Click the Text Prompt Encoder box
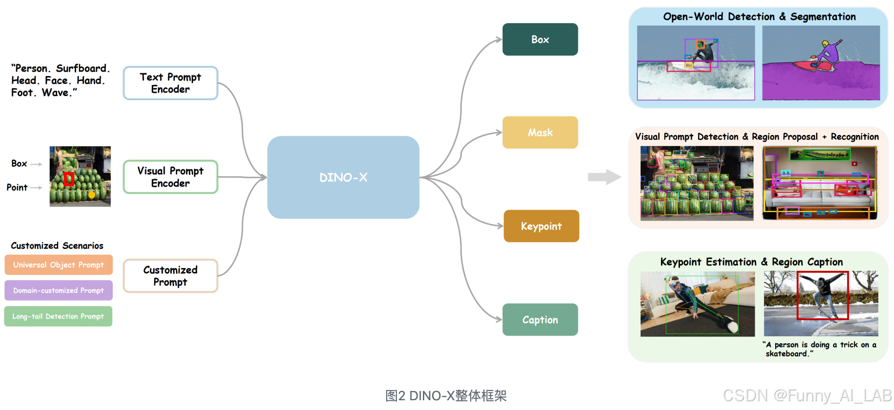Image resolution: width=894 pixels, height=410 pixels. pos(170,83)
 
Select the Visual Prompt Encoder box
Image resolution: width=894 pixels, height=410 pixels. pos(170,177)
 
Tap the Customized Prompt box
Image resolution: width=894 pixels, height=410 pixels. pos(170,276)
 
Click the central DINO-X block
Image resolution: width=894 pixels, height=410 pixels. pos(343,177)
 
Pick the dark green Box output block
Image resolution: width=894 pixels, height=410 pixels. pos(540,39)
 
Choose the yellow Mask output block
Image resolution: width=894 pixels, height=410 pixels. pos(540,133)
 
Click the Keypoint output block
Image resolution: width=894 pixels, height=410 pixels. pos(541,226)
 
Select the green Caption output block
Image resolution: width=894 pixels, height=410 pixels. pos(540,320)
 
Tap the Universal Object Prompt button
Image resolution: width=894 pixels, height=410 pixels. pos(58,265)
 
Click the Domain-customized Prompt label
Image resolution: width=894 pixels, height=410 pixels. pos(58,290)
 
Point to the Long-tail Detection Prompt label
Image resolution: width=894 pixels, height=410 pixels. pos(58,316)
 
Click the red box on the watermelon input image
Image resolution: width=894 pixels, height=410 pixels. pos(69,179)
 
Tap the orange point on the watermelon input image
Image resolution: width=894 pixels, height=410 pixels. pos(92,195)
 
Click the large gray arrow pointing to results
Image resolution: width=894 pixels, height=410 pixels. pos(604,177)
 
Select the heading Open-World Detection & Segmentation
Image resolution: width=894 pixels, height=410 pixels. pos(759,17)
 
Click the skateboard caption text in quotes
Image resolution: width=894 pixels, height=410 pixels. pos(819,349)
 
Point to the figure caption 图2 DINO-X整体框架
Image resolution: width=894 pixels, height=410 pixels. pos(446,396)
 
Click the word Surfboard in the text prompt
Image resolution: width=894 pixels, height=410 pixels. pos(81,69)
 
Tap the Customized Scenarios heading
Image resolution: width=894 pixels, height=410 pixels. pos(57,246)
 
